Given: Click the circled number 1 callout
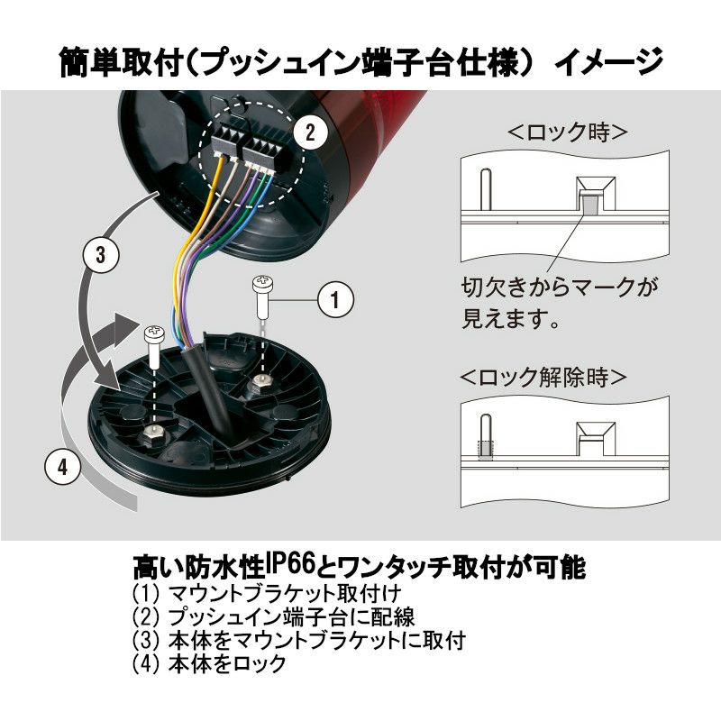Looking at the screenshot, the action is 335,300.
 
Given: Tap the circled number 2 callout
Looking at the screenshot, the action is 310,133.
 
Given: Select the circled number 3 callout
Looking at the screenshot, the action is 101,255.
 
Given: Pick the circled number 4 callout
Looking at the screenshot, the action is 63,467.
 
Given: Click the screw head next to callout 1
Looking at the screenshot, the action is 262,280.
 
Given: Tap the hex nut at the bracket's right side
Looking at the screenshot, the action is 260,382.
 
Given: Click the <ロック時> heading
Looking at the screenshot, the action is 567,132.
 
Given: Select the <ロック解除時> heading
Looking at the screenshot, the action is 543,377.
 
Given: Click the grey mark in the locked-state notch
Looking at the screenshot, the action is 589,202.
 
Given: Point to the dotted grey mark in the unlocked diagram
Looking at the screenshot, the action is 486,450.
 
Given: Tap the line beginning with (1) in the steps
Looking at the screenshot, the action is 267,593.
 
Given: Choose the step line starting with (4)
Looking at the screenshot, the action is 209,663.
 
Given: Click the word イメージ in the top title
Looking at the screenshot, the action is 609,61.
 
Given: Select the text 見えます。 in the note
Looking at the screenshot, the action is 510,318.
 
